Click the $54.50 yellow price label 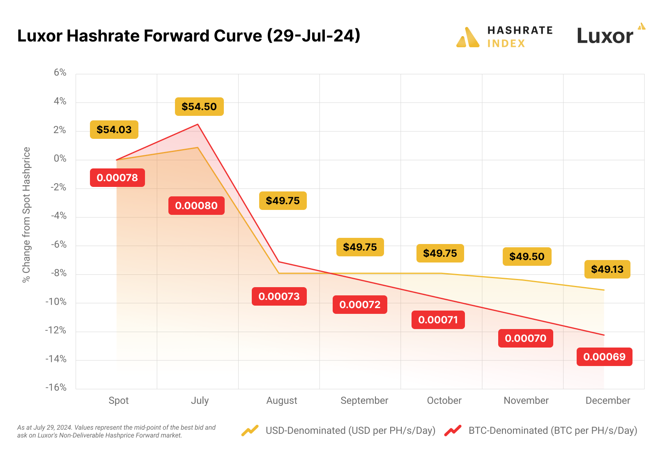tap(199, 107)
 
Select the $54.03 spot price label tap(114, 130)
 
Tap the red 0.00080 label tap(196, 205)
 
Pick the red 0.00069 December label tap(604, 357)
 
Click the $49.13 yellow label tap(607, 269)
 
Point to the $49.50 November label tap(527, 257)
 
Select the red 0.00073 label tap(279, 297)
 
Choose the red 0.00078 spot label tap(117, 178)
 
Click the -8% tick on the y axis tap(59, 273)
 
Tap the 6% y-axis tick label tap(60, 73)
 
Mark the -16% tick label tap(56, 387)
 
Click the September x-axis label tap(364, 401)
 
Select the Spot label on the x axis tap(118, 401)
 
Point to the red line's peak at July tap(198, 124)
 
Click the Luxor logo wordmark tap(605, 36)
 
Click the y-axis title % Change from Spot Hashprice tap(26, 214)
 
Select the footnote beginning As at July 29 tap(116, 431)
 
